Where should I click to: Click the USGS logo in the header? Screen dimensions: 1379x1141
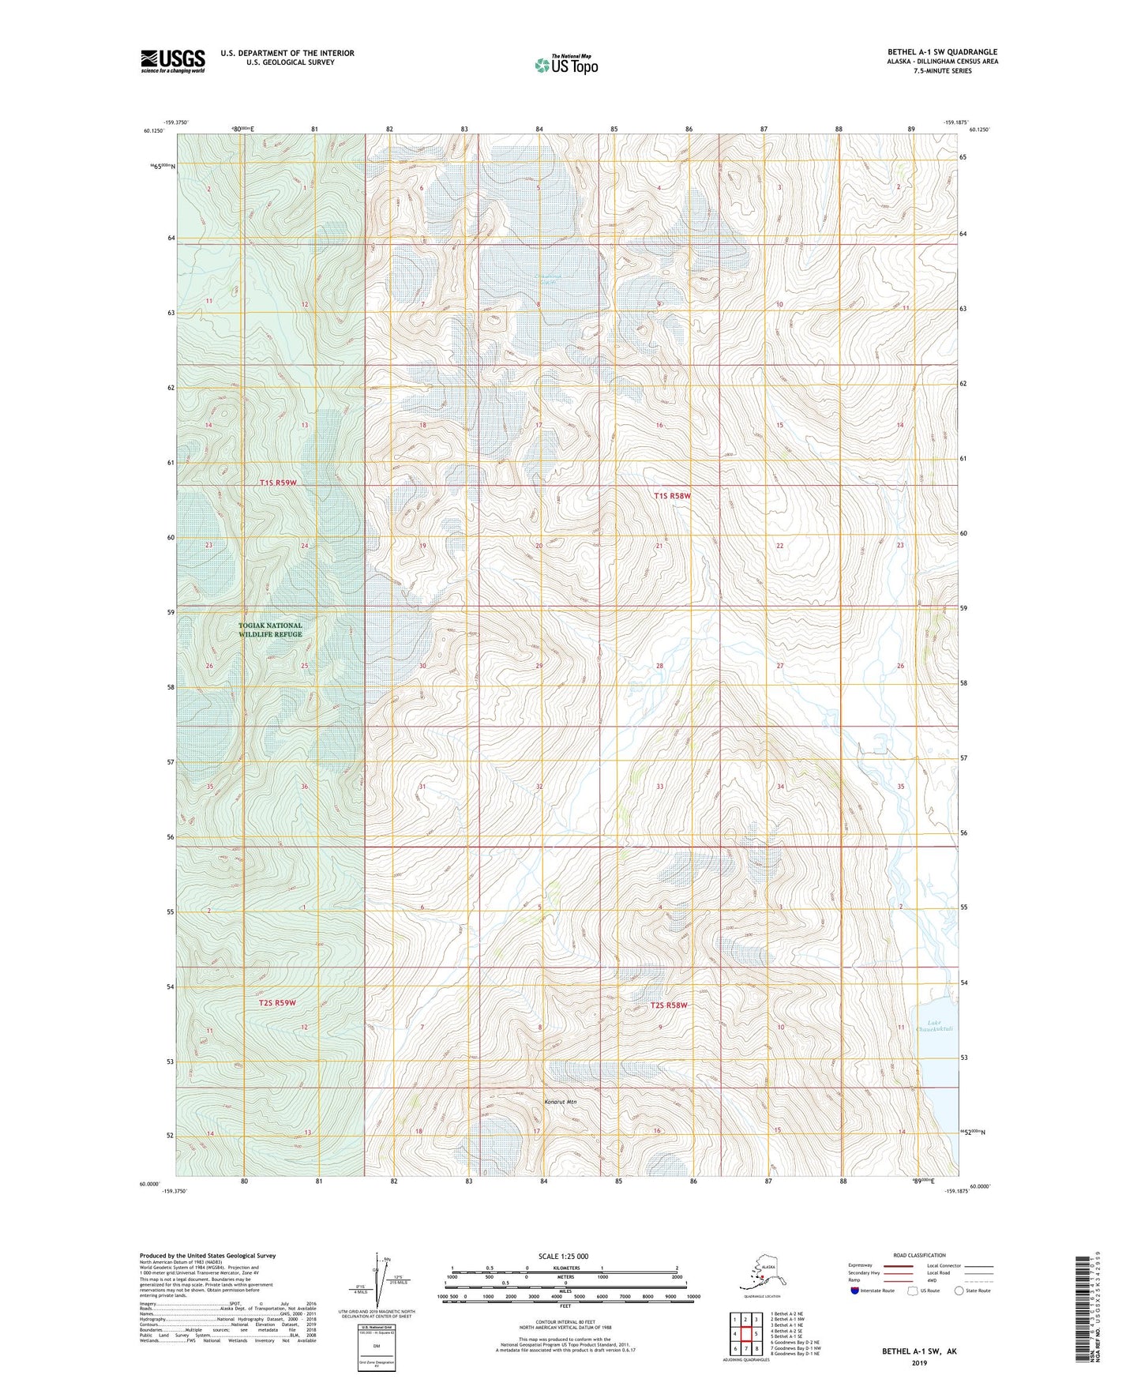[x=172, y=61]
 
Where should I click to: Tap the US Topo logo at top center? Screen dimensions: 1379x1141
[x=565, y=65]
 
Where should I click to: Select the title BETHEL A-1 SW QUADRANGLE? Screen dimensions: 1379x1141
[x=942, y=52]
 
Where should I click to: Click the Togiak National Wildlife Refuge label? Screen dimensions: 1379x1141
[x=270, y=629]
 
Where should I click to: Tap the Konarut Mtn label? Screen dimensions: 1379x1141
[x=561, y=1102]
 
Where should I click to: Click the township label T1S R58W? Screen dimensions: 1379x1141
[x=672, y=496]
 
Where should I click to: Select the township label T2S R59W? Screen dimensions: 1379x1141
[x=277, y=1002]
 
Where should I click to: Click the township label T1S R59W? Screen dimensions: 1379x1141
[x=278, y=483]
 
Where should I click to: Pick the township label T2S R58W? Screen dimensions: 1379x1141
[x=669, y=1005]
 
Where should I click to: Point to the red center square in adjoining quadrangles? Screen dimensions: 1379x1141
[x=745, y=1335]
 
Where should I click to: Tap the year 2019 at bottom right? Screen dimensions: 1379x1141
[x=918, y=1362]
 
